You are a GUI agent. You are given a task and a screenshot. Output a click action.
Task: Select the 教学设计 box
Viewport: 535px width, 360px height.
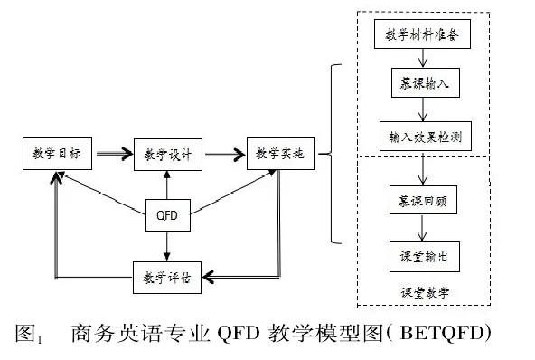point(167,154)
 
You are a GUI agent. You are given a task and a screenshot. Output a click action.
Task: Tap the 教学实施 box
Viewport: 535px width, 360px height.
point(279,154)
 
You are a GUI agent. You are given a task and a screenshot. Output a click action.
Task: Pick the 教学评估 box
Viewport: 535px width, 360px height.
point(167,274)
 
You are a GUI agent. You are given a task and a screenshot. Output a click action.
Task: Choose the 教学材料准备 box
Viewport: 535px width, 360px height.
point(422,34)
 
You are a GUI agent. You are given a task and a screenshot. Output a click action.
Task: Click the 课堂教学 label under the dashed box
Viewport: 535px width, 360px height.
point(426,293)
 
